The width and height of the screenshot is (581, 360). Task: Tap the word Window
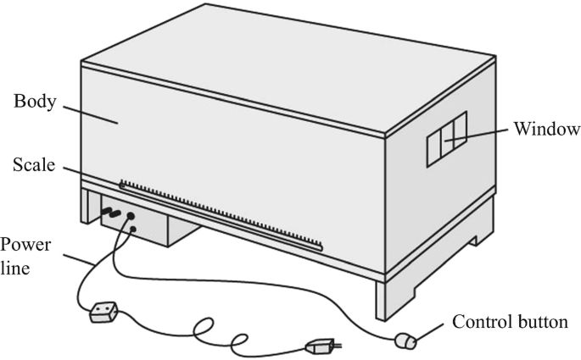point(545,130)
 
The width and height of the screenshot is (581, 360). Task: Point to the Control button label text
point(510,323)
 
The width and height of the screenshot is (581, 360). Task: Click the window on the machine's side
point(446,134)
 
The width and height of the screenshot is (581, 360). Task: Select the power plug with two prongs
point(321,346)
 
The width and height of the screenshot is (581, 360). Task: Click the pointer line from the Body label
point(90,113)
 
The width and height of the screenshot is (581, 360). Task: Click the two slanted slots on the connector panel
point(112,213)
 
